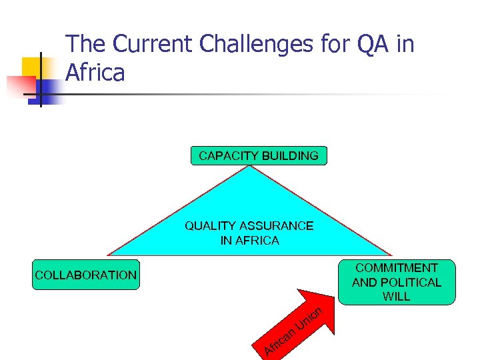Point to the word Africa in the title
pos(95,73)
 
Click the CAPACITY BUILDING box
pos(259,156)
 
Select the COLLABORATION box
pos(86,275)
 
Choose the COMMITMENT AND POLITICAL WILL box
pos(397,282)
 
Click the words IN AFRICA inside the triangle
pos(249,241)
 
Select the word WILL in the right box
pos(397,297)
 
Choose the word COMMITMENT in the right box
pos(397,268)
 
